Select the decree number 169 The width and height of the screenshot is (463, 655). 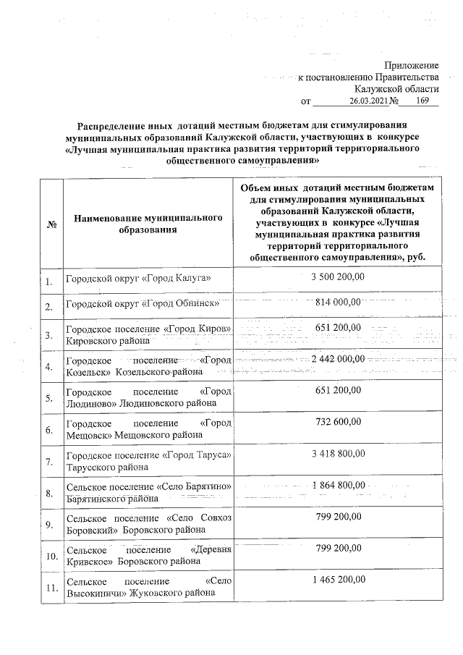click(x=415, y=101)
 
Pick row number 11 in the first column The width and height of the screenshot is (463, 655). click(x=51, y=588)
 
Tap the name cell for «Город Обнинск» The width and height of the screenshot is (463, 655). click(x=137, y=303)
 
